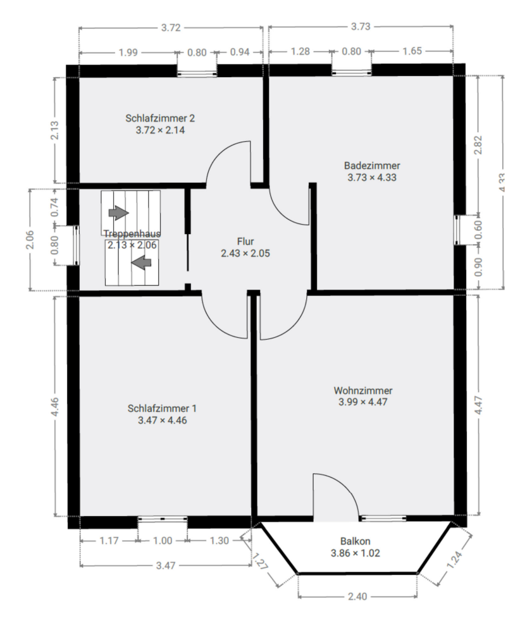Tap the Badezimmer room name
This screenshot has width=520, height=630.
tap(372, 166)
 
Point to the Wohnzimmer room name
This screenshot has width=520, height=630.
tap(363, 390)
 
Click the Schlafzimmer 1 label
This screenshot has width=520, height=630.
tap(162, 408)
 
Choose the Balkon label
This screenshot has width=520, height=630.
tap(355, 541)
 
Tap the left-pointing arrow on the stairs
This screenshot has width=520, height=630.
tap(144, 260)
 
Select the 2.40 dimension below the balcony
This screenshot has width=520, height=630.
tap(357, 596)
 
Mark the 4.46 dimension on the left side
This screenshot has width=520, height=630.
tap(55, 405)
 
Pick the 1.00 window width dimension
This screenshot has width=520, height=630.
tap(163, 541)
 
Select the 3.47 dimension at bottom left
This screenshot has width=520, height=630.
tap(165, 565)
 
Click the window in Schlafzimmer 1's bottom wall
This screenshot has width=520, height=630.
tap(163, 520)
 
